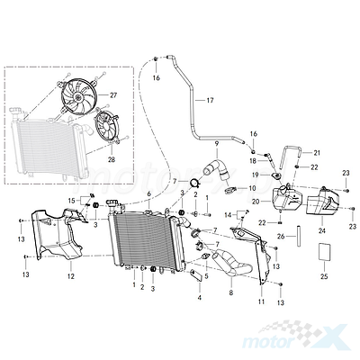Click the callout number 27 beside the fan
pos(113,95)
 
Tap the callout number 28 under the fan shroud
pos(112,160)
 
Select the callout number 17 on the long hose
pos(210,101)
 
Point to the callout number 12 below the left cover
pos(70,276)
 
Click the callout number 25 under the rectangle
pos(324,276)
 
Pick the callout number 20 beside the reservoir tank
pos(256,202)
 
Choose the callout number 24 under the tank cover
pos(322,231)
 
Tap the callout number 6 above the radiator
pos(149,194)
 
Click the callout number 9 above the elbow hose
pos(217,144)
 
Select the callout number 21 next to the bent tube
pos(317,153)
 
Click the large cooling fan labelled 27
pos(78,96)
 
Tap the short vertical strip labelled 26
pos(299,236)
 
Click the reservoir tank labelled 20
pos(285,199)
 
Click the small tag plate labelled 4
pos(197,275)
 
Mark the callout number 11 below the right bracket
pos(261,301)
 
